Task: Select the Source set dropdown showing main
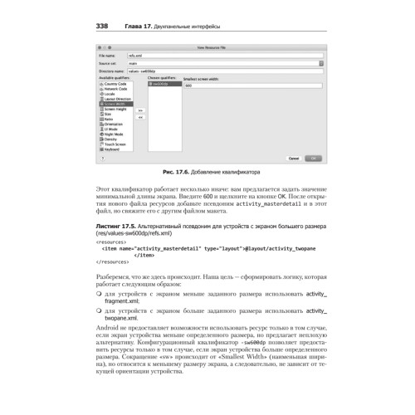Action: click(x=216, y=62)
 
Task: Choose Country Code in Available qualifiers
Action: click(x=116, y=84)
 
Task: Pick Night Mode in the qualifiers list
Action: click(x=115, y=134)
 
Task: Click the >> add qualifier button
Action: click(x=140, y=109)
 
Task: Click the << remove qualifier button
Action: click(x=140, y=116)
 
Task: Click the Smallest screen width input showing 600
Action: click(x=249, y=85)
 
